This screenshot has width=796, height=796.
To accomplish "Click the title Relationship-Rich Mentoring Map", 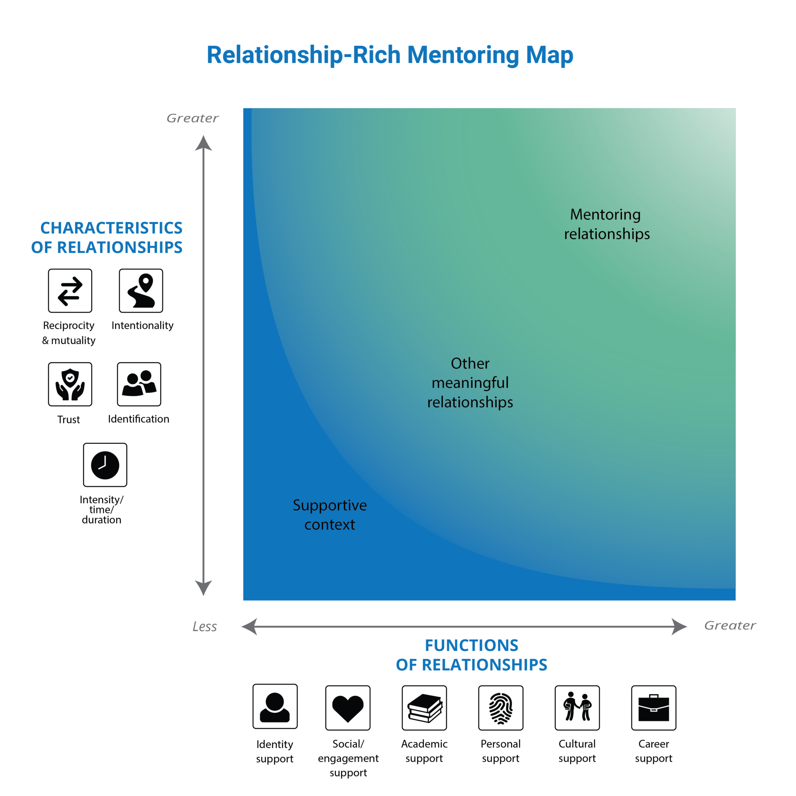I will [x=390, y=55].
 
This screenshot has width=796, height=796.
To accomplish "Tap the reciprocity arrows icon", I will [x=70, y=291].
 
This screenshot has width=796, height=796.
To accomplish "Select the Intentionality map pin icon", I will [x=141, y=291].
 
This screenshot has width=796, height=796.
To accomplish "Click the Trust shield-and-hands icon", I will [x=70, y=384].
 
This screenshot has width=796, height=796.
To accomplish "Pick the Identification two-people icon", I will [x=139, y=384].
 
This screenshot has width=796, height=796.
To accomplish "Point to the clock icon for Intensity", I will [x=105, y=465].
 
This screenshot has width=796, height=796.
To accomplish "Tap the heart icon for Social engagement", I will [x=348, y=708].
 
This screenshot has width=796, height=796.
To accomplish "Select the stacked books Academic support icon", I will [x=424, y=708].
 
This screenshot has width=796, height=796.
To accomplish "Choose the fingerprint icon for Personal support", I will [x=501, y=708].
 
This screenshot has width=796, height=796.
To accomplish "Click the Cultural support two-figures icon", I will [x=577, y=708].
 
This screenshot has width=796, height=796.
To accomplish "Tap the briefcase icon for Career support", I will [x=654, y=708].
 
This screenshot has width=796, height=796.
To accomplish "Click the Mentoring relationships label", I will [x=606, y=224].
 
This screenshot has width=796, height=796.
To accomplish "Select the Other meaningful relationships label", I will [x=470, y=383].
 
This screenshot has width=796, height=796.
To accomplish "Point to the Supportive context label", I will [x=330, y=515].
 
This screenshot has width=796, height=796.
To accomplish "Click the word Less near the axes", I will [x=205, y=627].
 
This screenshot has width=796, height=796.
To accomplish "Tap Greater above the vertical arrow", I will [x=192, y=118].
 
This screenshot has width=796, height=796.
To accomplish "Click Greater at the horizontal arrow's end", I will [x=730, y=625].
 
